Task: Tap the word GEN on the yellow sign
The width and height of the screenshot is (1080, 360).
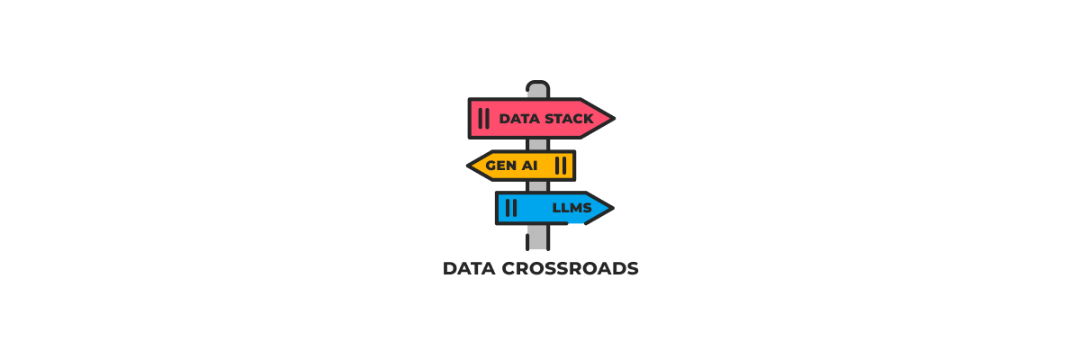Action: coord(500,166)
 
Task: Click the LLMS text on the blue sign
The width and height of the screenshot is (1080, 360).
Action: coord(571,209)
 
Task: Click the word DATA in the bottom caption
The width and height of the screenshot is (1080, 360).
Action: coord(468,269)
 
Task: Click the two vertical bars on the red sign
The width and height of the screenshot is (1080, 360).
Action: coord(484,118)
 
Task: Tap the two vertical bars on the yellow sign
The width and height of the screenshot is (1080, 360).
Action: coord(561,166)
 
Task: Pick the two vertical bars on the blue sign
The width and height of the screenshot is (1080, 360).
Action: coord(511,208)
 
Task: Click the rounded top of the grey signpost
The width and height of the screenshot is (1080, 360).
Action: coord(537,86)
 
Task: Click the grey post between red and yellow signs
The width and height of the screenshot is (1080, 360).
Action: coord(537,144)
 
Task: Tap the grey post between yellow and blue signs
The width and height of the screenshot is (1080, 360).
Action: coord(537,186)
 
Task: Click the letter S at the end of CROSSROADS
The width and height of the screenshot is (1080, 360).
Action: coord(633,269)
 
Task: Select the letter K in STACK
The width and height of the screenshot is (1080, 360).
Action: coord(588,119)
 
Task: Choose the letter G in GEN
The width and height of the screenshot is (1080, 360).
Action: coord(490,166)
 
